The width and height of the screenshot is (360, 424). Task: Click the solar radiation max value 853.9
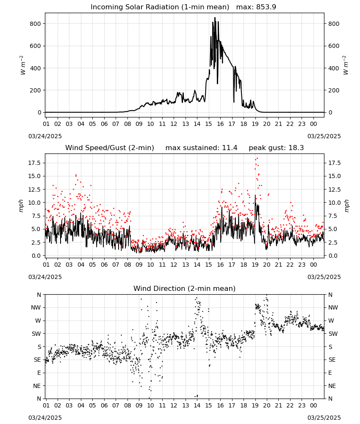(266, 7)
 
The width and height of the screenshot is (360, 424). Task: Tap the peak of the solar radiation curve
(215, 17)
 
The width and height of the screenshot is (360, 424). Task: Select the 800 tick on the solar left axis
(36, 24)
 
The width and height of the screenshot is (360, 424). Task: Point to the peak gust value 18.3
(296, 148)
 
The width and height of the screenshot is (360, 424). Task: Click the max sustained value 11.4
(230, 148)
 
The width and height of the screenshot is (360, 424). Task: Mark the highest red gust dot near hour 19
(257, 159)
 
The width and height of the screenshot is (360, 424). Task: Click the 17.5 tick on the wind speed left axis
(34, 163)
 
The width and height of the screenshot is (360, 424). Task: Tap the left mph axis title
(21, 206)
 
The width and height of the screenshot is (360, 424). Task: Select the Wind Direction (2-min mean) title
(185, 288)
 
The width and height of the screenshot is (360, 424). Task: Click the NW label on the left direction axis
(36, 308)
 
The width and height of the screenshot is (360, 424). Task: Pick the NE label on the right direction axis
(332, 386)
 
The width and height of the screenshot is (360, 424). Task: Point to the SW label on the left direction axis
(36, 334)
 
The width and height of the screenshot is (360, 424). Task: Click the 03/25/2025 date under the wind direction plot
(324, 418)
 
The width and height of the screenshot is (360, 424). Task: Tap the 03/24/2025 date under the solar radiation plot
(45, 136)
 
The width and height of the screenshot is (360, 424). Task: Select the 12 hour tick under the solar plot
(174, 124)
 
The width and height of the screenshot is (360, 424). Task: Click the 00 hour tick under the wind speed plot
(313, 265)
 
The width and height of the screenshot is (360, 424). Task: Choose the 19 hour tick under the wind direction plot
(255, 406)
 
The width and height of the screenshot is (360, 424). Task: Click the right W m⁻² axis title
(346, 65)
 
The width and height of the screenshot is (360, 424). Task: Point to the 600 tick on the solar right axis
(334, 46)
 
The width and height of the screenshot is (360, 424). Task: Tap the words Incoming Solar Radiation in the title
(135, 7)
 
